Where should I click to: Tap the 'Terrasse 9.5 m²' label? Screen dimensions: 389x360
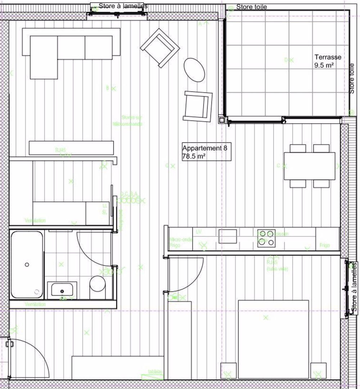pos(328,61)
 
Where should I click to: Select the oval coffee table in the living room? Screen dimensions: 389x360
pos(194,70)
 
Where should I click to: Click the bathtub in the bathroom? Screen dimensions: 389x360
pos(27,265)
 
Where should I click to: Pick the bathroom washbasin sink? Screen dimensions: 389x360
pos(62,289)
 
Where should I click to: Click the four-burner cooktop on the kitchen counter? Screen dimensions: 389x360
pos(266,238)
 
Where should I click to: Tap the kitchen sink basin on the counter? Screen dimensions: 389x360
pos(228,236)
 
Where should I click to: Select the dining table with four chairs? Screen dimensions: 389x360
pos(310,166)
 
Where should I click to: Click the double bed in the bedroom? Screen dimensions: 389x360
pos(273,339)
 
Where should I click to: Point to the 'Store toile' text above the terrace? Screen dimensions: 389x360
pos(251,7)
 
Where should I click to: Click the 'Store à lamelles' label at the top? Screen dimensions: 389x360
pos(118,6)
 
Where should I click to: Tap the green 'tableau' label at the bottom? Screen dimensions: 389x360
pos(156,372)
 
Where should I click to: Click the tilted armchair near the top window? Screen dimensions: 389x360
pos(160,47)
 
